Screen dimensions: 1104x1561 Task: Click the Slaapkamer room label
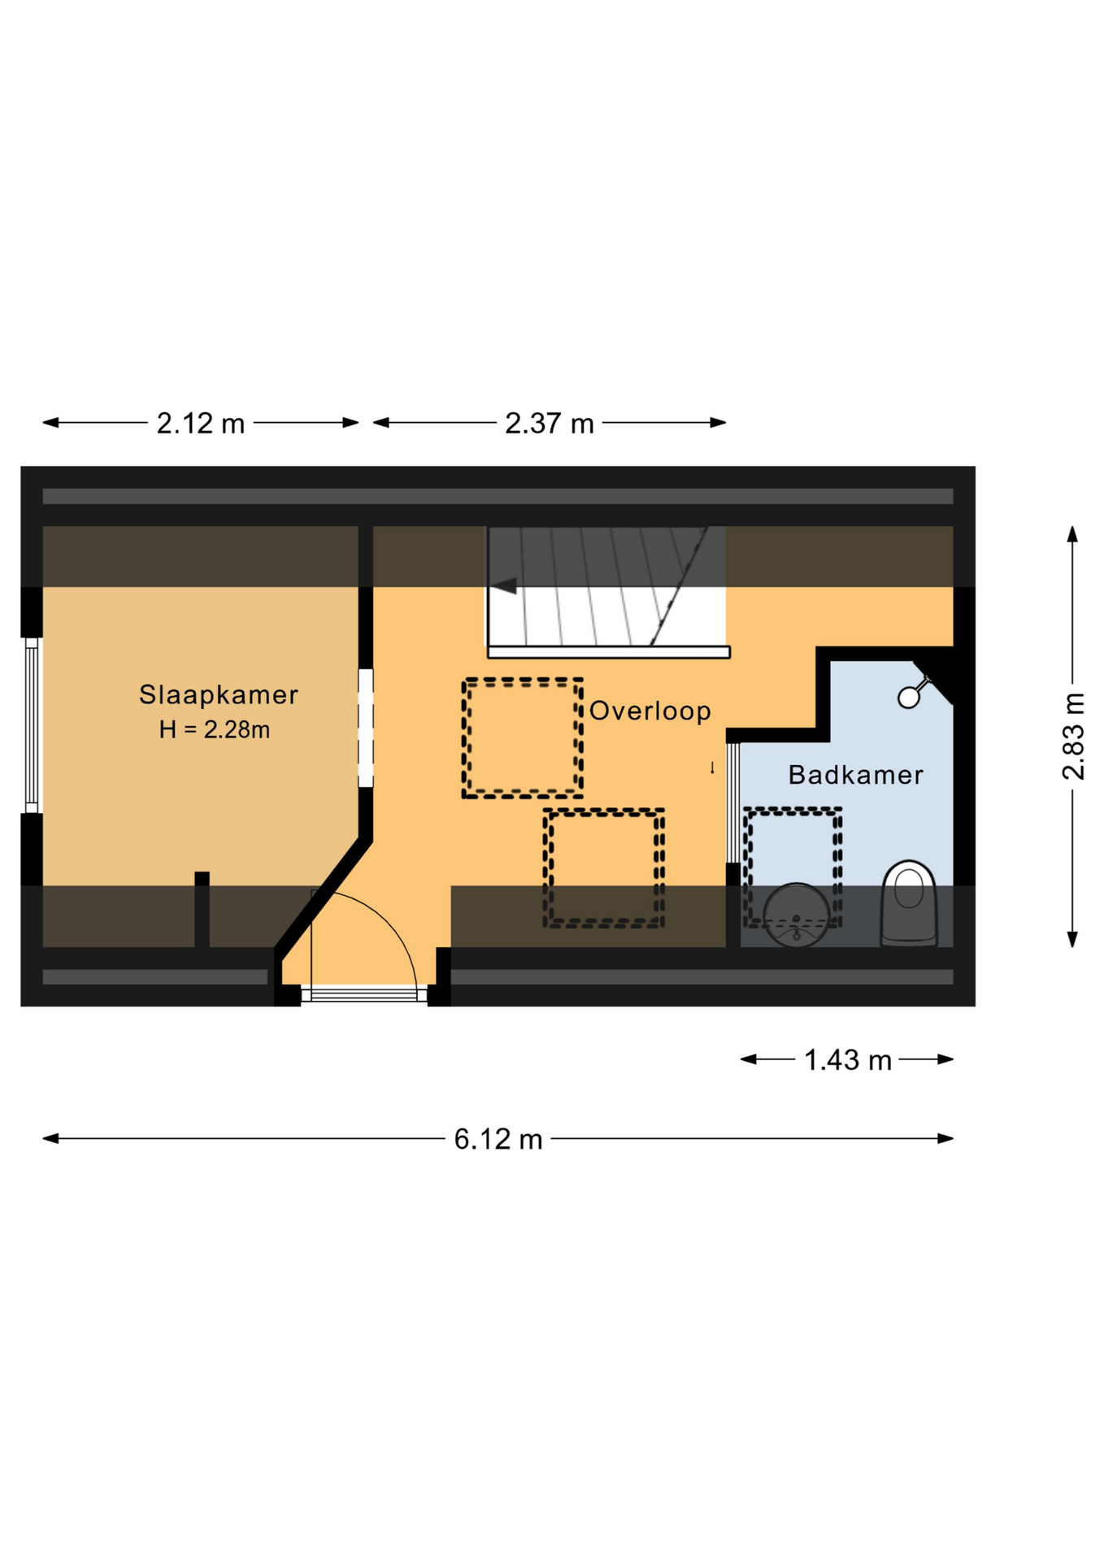(x=218, y=694)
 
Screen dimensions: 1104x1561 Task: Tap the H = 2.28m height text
(x=215, y=729)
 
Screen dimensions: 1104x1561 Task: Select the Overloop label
(x=650, y=711)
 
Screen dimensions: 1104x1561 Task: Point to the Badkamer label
(x=855, y=775)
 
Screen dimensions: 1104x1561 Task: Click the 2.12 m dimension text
(x=201, y=424)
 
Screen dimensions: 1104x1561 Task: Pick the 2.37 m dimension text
(x=550, y=424)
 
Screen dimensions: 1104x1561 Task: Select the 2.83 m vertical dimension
(x=1073, y=737)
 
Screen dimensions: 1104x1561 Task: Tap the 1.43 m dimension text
(x=848, y=1060)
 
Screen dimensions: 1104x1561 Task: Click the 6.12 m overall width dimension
(x=498, y=1139)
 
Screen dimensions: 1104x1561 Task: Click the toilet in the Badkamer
(x=909, y=902)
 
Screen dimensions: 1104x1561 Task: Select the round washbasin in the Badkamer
(x=797, y=915)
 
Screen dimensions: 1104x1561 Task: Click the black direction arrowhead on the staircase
(x=504, y=585)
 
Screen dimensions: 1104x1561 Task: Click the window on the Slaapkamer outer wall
(x=32, y=725)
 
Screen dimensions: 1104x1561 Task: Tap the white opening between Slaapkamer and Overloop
(x=366, y=728)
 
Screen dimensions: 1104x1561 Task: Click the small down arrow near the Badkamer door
(x=712, y=767)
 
